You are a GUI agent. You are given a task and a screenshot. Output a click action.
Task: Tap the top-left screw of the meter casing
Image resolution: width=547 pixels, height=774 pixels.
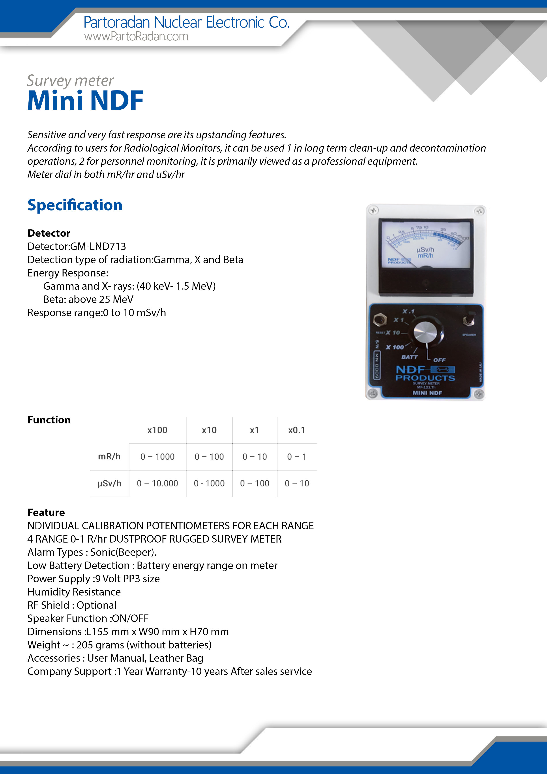pyautogui.click(x=373, y=211)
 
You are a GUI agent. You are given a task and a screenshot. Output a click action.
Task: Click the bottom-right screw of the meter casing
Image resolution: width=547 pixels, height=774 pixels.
pyautogui.click(x=479, y=394)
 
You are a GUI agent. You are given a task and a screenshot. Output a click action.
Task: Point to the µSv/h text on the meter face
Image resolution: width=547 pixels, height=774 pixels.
pyautogui.click(x=425, y=250)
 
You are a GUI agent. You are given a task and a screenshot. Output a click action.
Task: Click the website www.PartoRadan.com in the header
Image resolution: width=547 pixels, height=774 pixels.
pyautogui.click(x=136, y=36)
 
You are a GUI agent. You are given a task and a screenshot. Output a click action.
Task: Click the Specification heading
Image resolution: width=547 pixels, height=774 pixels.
pyautogui.click(x=75, y=205)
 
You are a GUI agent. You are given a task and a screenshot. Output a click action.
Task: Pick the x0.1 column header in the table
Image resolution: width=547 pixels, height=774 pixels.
pyautogui.click(x=297, y=430)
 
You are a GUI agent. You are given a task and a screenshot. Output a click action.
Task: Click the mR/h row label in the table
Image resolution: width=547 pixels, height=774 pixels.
pyautogui.click(x=109, y=457)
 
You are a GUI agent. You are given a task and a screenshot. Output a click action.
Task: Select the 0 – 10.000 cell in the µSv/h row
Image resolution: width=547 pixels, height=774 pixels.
pyautogui.click(x=157, y=483)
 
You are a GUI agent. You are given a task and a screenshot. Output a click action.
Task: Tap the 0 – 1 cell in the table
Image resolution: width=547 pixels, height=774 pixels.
pyautogui.click(x=297, y=457)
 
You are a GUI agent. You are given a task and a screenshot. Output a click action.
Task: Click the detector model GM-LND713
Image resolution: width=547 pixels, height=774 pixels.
pyautogui.click(x=98, y=246)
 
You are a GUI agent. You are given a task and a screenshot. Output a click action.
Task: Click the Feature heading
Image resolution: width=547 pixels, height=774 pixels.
pyautogui.click(x=46, y=512)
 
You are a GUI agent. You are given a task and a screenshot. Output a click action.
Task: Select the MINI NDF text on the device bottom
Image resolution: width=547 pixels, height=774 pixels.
pyautogui.click(x=427, y=393)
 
